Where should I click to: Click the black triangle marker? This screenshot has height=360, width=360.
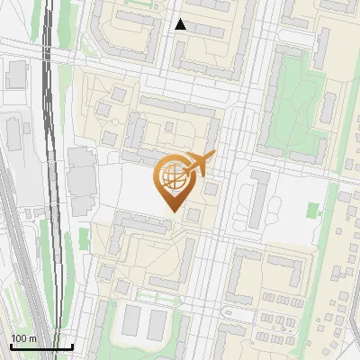pos(181,24)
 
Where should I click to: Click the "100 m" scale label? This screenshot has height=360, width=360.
pos(23,338)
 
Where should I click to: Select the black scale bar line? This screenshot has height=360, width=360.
pos(41,346)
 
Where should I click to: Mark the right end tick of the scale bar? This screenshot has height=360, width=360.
pos(72,345)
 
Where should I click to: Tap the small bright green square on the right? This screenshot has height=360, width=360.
pos(312,210)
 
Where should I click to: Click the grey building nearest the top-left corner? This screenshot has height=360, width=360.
pos(15,75)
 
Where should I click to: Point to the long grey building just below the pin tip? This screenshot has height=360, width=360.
pos(144,221)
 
